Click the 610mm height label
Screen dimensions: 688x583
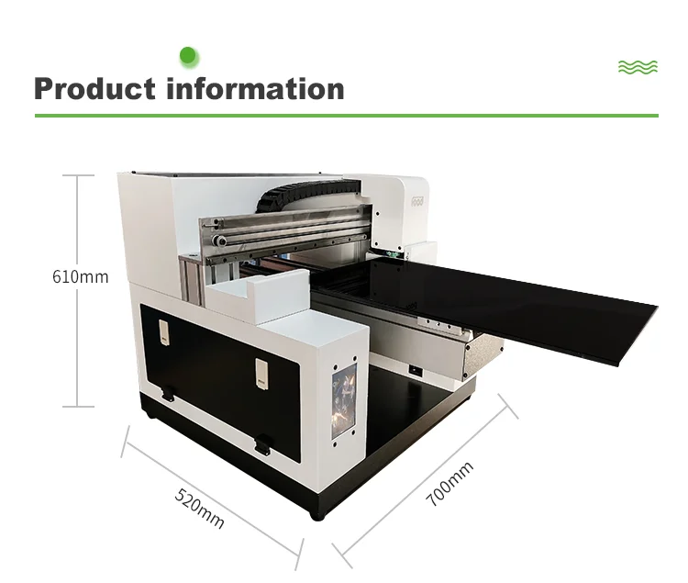80,275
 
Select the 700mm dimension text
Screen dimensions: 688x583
449,484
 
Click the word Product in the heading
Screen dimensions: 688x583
94,89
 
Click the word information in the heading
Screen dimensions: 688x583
256,89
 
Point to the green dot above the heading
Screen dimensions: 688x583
189,57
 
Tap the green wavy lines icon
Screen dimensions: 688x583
638,67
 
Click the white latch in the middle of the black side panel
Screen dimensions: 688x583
261,369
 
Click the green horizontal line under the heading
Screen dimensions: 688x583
346,116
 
